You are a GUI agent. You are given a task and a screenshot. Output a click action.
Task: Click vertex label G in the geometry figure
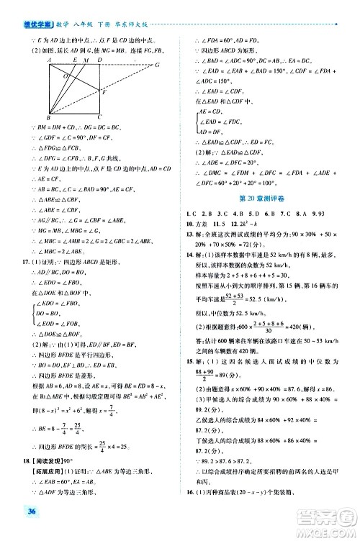(157, 65)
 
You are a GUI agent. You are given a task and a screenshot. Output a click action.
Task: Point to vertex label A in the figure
(48, 60)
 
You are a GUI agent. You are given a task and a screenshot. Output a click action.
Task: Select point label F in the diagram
(104, 94)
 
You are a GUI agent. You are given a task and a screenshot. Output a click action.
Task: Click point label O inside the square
(66, 76)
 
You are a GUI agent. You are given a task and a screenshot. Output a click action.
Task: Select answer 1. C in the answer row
(191, 214)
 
